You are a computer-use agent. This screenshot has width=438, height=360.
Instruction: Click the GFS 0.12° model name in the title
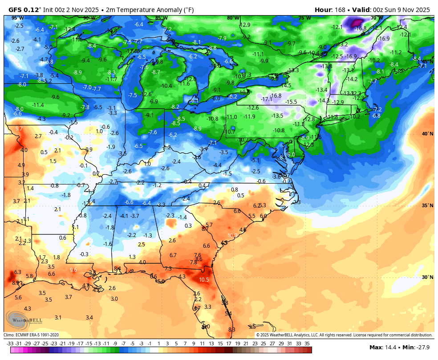(25, 9)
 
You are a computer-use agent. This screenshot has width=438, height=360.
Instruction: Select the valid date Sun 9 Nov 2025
(405, 9)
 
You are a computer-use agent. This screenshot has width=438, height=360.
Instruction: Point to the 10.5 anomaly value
(204, 279)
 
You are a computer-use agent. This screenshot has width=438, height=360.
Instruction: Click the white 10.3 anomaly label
(232, 235)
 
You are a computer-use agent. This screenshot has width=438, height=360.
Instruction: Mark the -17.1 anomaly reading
(267, 99)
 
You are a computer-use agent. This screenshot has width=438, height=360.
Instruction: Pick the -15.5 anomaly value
(291, 102)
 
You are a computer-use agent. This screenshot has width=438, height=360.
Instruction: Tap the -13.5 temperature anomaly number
(277, 116)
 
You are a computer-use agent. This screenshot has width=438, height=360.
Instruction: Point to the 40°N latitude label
(427, 134)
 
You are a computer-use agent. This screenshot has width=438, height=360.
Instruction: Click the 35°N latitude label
(427, 205)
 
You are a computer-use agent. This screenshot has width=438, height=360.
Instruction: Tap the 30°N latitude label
(427, 277)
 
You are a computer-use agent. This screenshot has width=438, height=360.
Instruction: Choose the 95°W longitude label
(18, 18)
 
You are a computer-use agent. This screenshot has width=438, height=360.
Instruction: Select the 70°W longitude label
(376, 18)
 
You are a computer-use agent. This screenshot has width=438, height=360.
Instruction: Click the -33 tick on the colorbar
(10, 344)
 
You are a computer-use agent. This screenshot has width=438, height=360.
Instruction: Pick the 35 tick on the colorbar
(307, 344)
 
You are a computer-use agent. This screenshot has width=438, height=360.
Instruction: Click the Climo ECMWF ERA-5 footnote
(31, 335)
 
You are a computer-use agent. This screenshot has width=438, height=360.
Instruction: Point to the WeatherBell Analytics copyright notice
(344, 335)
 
